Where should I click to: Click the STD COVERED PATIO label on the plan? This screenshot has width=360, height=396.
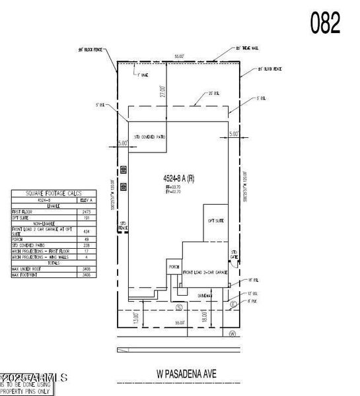tap(146, 137)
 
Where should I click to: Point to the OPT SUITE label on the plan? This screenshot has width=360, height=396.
tap(216, 220)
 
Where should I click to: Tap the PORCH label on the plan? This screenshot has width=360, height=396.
tap(174, 267)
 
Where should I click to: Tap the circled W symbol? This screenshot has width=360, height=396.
tap(232, 333)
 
